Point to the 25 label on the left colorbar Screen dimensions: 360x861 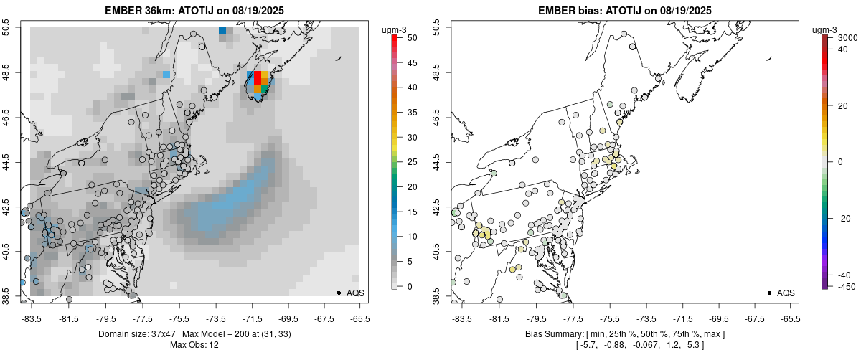407,162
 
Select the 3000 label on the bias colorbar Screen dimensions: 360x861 848,37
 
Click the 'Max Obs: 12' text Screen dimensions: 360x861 194,346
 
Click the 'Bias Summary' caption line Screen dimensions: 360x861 624,334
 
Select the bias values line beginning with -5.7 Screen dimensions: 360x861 624,346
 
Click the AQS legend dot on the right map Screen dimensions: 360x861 769,293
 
